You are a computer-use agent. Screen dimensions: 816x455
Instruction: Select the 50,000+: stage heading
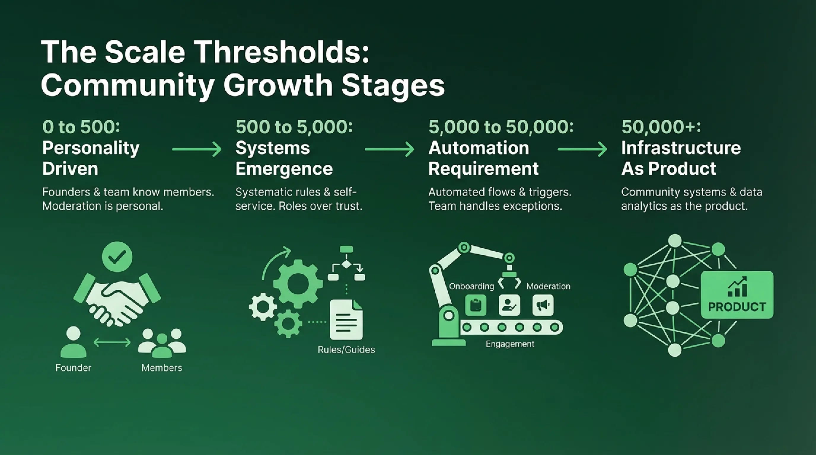pos(661,126)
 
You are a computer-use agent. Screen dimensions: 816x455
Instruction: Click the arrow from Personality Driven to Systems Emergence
pos(197,149)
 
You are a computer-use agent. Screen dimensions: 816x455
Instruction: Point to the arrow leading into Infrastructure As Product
pos(582,149)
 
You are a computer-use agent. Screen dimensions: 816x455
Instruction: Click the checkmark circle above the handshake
pos(117,257)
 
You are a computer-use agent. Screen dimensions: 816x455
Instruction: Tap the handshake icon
pos(117,299)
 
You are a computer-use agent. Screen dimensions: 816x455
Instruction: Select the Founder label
pos(73,368)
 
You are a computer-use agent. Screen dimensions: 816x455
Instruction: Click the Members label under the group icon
pos(162,368)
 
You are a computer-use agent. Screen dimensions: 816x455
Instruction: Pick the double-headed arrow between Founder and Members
pos(112,342)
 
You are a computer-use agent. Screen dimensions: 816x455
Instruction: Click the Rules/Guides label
pos(346,350)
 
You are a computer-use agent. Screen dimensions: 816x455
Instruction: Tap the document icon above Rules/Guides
pos(346,319)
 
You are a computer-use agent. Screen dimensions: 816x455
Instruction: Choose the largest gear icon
pos(298,283)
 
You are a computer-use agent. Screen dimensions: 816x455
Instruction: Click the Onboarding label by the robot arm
pos(472,286)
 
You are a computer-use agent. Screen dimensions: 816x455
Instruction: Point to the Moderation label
pos(548,286)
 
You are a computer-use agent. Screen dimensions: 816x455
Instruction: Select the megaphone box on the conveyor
pos(543,305)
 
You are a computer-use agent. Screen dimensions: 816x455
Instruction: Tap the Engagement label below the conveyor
pos(510,344)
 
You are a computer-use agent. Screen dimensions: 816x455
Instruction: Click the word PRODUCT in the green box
pos(737,307)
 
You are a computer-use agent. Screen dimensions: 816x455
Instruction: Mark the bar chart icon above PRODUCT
pos(737,286)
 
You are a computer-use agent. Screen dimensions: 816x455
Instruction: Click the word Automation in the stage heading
pos(479,148)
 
